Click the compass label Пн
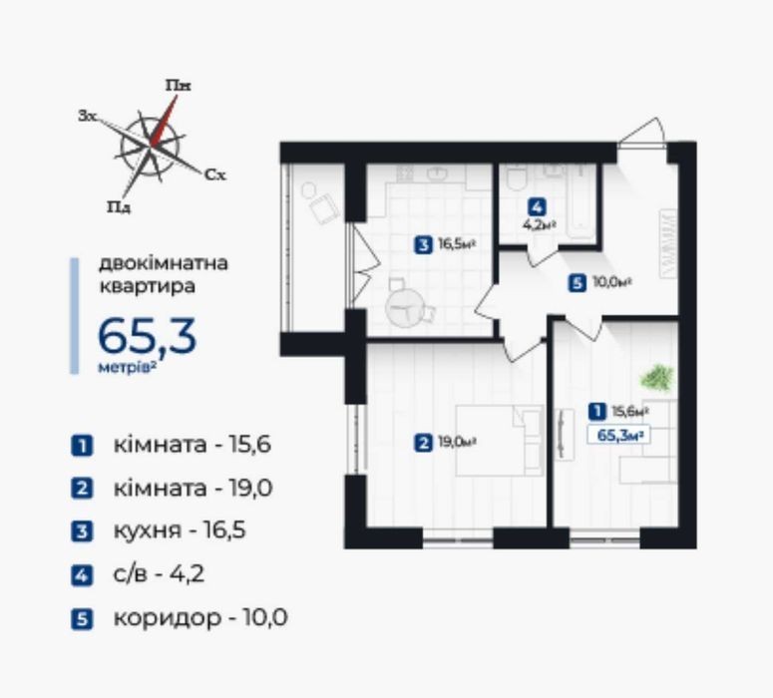pos(178,86)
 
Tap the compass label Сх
pos(214,174)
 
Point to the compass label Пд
pos(120,206)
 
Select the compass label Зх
pos(87,117)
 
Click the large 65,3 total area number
pos(147,336)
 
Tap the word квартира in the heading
pos(148,286)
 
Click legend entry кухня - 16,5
pos(180,530)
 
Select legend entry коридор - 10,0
pos(200,617)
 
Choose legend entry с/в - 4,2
pos(159,574)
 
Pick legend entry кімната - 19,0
pos(193,488)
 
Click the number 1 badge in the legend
pos(82,446)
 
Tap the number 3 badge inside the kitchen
pos(424,245)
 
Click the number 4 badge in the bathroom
pos(537,207)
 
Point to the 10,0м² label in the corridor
pos(612,282)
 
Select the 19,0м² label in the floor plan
pos(457,442)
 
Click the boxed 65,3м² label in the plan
pos(618,436)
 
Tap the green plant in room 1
pos(656,379)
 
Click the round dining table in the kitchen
pos(405,308)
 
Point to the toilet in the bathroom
pos(516,177)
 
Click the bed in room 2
pos(500,440)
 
